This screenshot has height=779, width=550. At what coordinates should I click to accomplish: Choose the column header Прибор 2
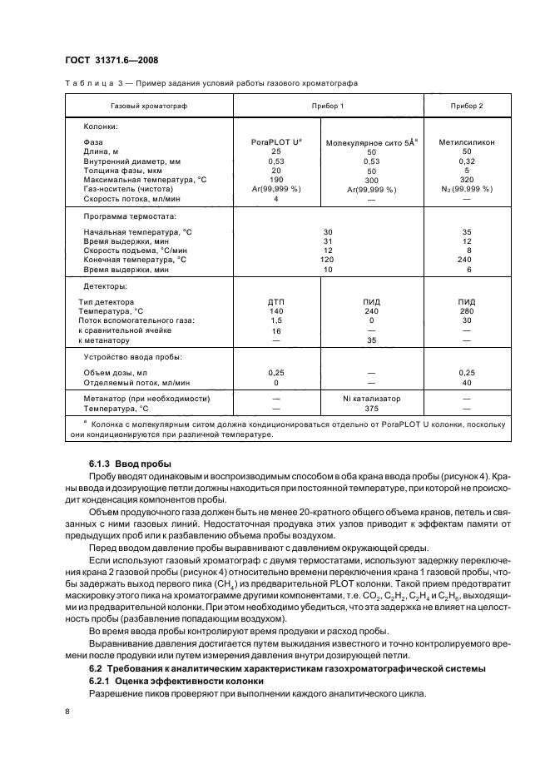(467, 107)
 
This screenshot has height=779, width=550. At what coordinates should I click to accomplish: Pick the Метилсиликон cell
(467, 142)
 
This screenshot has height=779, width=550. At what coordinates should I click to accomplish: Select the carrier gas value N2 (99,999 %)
(467, 189)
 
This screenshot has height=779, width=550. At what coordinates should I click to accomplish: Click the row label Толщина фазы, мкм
(124, 170)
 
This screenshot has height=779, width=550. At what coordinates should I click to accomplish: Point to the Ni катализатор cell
(371, 399)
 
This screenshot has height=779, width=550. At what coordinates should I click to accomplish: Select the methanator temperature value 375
(371, 409)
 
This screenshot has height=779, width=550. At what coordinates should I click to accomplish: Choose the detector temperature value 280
(467, 310)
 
